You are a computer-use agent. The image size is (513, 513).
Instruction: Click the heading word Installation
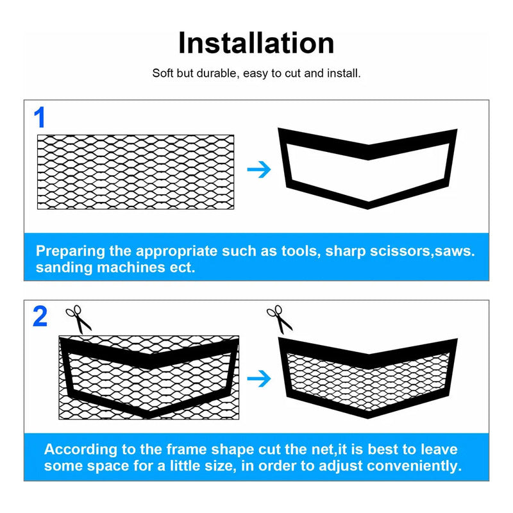tap(256, 43)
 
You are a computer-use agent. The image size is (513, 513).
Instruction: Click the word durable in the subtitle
tap(216, 73)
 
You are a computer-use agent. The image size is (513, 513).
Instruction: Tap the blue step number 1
tap(40, 117)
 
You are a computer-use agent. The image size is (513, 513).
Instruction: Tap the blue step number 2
tap(40, 316)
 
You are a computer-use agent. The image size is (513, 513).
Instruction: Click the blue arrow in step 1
tap(259, 169)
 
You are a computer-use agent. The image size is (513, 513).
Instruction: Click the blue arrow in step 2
tap(259, 378)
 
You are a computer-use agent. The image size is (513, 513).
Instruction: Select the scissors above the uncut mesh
tap(78, 319)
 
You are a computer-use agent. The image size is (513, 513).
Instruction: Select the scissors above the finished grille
tap(280, 319)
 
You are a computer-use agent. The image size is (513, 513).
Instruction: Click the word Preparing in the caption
tap(71, 251)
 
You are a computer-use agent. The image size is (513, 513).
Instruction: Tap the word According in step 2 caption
tap(81, 450)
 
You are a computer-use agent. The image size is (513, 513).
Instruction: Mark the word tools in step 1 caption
tap(301, 251)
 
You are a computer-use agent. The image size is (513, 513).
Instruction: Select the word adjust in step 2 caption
tap(341, 467)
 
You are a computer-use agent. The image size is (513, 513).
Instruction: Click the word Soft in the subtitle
tap(163, 73)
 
